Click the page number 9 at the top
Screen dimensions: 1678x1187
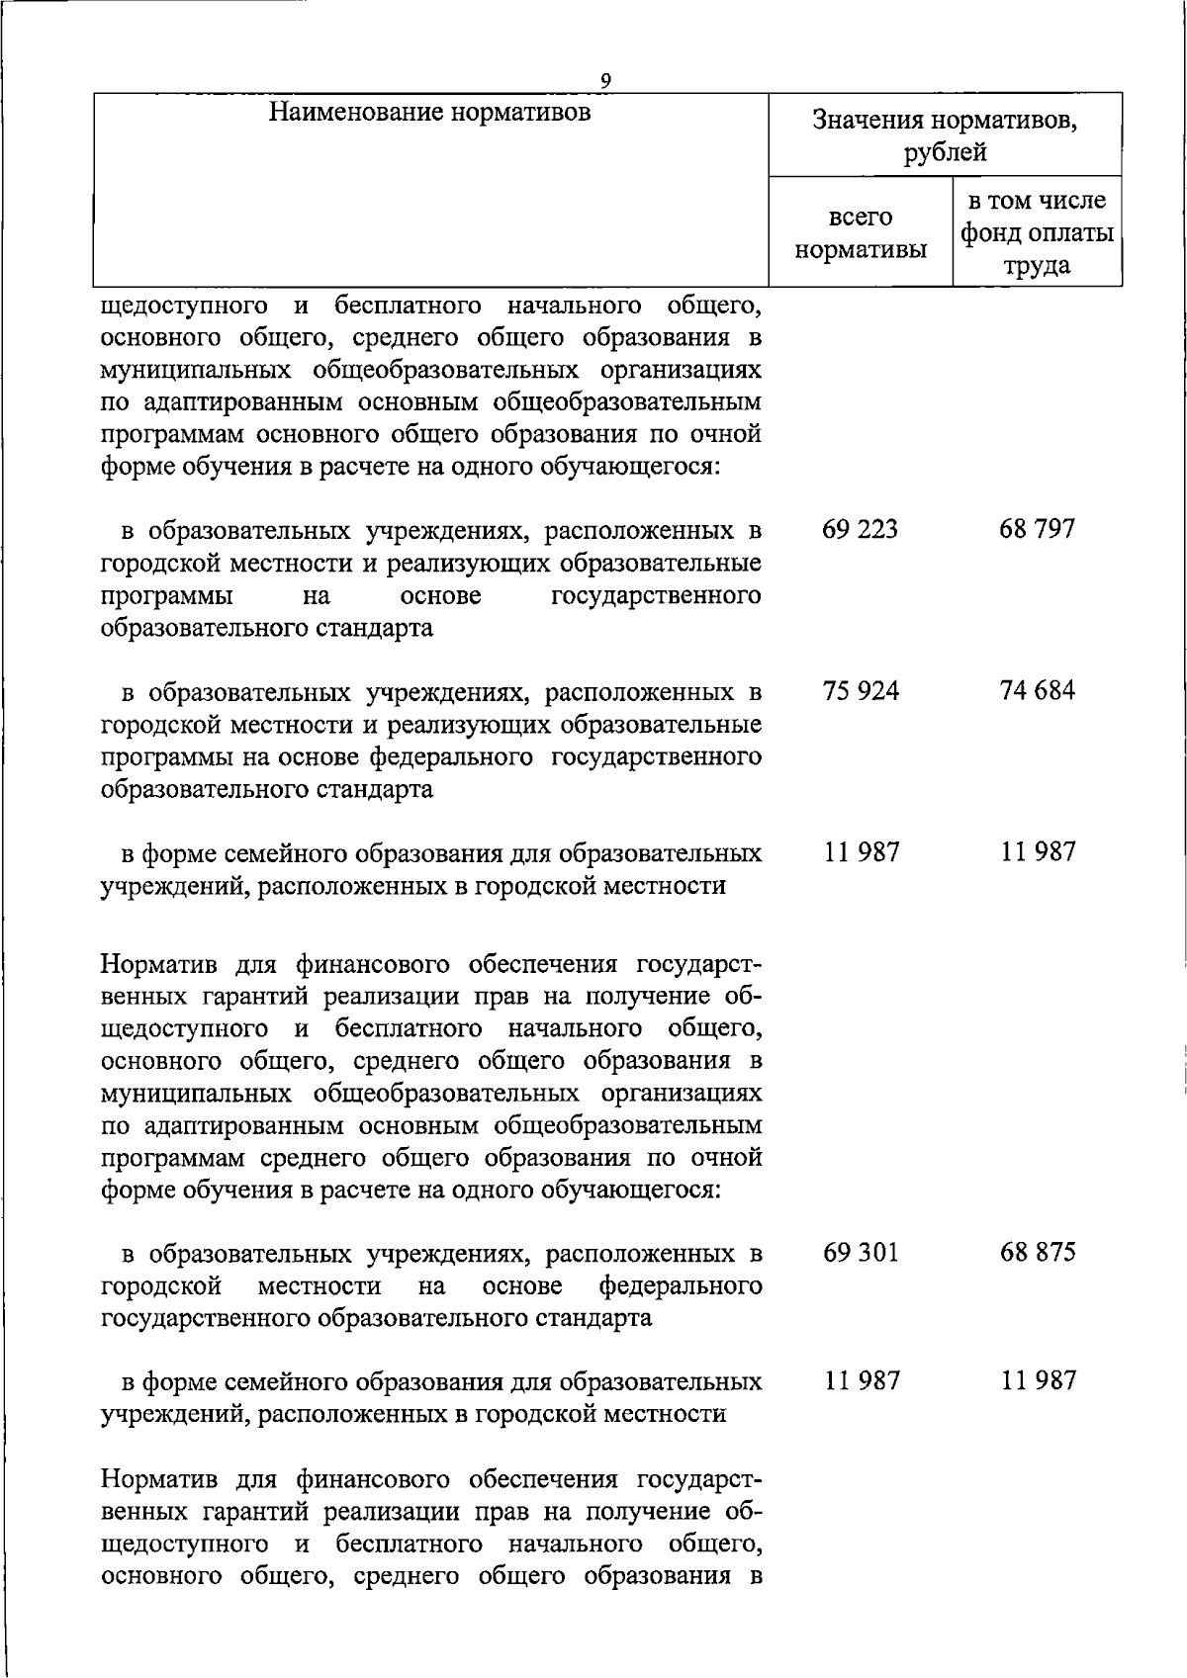pos(606,80)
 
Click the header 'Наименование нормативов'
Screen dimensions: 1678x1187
pos(430,112)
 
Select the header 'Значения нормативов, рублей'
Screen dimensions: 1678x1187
pos(945,135)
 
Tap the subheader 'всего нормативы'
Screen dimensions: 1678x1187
pos(861,233)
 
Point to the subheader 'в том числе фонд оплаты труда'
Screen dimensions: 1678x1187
pos(1037,233)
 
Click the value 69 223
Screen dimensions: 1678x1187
pos(860,529)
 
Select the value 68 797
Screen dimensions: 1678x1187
pos(1037,529)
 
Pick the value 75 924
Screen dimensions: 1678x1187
pos(861,690)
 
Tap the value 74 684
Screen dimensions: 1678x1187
pos(1037,690)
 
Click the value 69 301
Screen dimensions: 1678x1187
pos(861,1252)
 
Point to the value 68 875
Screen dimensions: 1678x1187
pos(1037,1252)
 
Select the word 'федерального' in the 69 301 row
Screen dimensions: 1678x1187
pos(681,1285)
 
